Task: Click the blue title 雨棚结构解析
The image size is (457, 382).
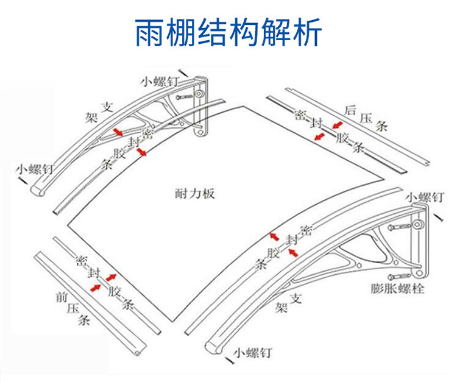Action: pos(228,32)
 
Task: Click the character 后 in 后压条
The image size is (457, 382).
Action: pos(350,110)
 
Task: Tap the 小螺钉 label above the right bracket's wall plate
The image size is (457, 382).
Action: pos(425,197)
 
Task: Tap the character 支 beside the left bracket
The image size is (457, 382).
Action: pos(107,107)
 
